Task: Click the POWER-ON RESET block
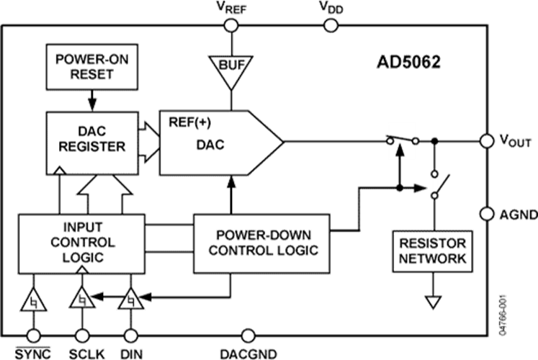(92, 67)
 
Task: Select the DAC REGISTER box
(92, 143)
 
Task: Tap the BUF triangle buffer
(231, 71)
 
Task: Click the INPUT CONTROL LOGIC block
(81, 244)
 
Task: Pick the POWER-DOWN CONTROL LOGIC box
(261, 243)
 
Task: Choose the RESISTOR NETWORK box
(432, 251)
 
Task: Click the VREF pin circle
(231, 25)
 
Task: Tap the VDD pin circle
(331, 25)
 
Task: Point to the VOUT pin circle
(487, 141)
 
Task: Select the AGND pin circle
(487, 214)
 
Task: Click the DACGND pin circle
(248, 336)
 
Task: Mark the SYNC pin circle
(34, 336)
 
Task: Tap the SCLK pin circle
(82, 336)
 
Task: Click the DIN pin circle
(131, 336)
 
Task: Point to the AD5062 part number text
(408, 63)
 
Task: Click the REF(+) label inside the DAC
(189, 122)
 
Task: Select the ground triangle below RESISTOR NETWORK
(433, 302)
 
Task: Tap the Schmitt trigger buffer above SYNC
(34, 300)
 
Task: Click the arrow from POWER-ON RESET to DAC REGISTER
(92, 101)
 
